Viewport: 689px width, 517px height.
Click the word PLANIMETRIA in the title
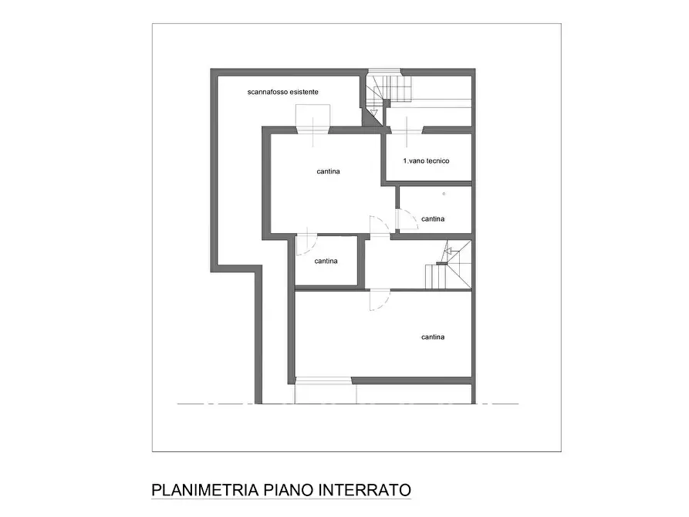pyautogui.click(x=195, y=490)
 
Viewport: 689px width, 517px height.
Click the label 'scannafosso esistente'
pyautogui.click(x=283, y=92)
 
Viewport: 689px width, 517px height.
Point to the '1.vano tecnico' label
pyautogui.click(x=426, y=161)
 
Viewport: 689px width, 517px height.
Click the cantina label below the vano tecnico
pyautogui.click(x=433, y=219)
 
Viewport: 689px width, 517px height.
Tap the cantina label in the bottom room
pyautogui.click(x=433, y=337)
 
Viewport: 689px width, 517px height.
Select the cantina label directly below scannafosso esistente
pyautogui.click(x=329, y=171)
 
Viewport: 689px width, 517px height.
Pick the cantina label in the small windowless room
pyautogui.click(x=326, y=261)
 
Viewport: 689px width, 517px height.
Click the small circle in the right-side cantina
pyautogui.click(x=444, y=193)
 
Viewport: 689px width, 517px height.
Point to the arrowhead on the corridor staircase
pyautogui.click(x=445, y=252)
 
